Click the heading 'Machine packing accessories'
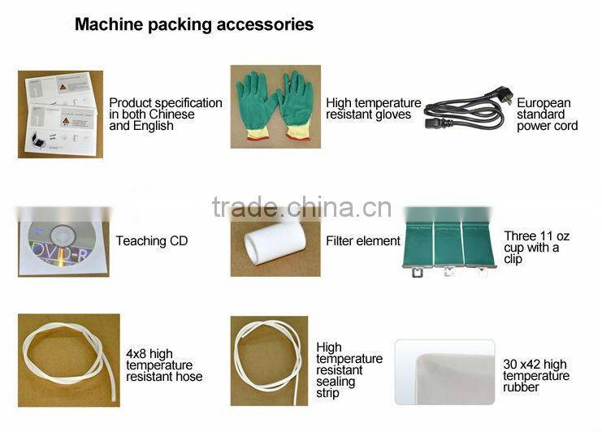tap(194, 24)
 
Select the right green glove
tap(296, 105)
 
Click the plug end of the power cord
tap(502, 96)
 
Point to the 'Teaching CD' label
tap(152, 241)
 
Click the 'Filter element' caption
tap(363, 241)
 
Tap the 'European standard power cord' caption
tap(547, 114)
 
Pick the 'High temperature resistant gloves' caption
tap(373, 109)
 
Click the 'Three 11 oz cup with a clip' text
tap(536, 248)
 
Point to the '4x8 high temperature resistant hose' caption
tap(164, 365)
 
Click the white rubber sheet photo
tap(444, 372)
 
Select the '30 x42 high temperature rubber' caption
tap(536, 376)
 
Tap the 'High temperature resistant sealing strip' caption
tap(349, 370)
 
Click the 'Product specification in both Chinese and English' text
tap(166, 114)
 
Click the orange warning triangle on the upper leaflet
tap(63, 87)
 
